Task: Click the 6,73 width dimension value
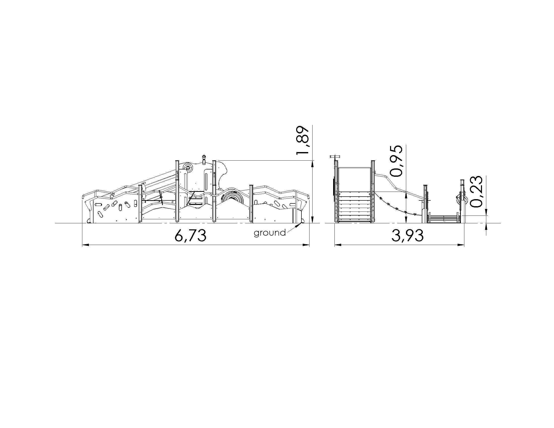[x=191, y=236]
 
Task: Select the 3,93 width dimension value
[x=407, y=236]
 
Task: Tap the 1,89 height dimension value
[x=303, y=140]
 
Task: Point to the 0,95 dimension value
[x=396, y=161]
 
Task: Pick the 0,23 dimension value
[x=476, y=192]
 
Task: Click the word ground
[x=270, y=233]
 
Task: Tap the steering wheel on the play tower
[x=188, y=167]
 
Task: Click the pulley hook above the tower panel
[x=204, y=160]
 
